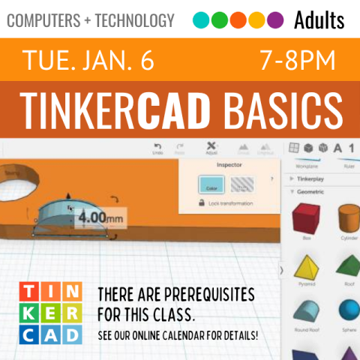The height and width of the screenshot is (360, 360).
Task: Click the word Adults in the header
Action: pyautogui.click(x=319, y=19)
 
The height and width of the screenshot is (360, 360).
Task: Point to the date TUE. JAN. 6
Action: pyautogui.click(x=88, y=61)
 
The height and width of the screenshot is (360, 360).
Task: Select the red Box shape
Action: pyautogui.click(x=306, y=219)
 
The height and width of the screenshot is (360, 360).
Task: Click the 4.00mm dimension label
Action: pyautogui.click(x=100, y=219)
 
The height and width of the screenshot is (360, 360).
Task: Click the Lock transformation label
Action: pyautogui.click(x=230, y=203)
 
